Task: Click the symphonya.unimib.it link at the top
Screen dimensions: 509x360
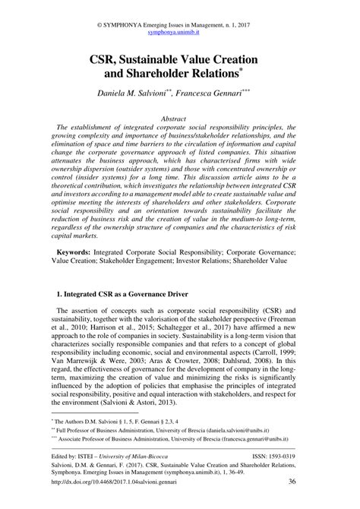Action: (x=179, y=34)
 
